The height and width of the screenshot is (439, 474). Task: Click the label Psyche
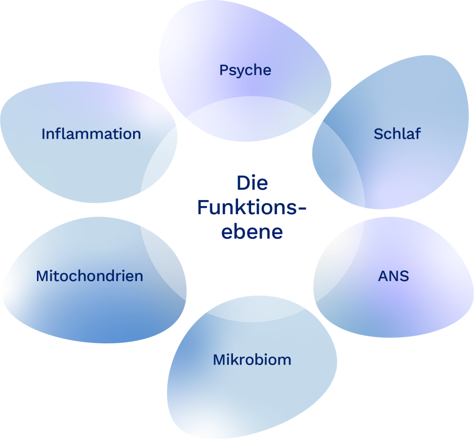pyautogui.click(x=245, y=70)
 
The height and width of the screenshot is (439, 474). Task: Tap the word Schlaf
pyautogui.click(x=397, y=134)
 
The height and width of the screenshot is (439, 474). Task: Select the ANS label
pyautogui.click(x=393, y=276)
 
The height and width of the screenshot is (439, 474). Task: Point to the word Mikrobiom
pyautogui.click(x=252, y=360)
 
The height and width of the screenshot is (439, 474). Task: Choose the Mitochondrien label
pyautogui.click(x=90, y=276)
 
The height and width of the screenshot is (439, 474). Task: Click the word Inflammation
pyautogui.click(x=91, y=134)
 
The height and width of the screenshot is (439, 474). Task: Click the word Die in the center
pyautogui.click(x=252, y=183)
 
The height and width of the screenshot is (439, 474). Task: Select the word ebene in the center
pyautogui.click(x=252, y=232)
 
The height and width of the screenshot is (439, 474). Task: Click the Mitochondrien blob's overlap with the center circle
pyautogui.click(x=162, y=273)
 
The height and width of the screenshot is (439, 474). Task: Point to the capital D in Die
pyautogui.click(x=243, y=183)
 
